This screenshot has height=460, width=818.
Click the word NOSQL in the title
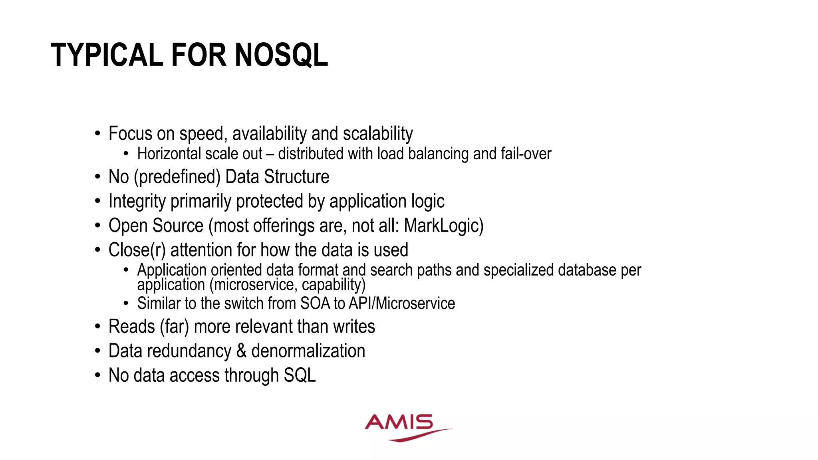[x=281, y=55]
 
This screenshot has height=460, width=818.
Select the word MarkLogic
[x=443, y=226]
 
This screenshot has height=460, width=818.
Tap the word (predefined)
[x=177, y=177]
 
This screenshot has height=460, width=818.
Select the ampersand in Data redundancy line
[x=241, y=351]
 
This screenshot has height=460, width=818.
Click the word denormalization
[x=308, y=351]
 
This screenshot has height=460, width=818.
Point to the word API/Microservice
[x=402, y=303]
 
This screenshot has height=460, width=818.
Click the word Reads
[x=132, y=327]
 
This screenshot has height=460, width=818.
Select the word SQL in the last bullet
[x=300, y=375]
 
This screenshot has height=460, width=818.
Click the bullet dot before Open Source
[x=98, y=226]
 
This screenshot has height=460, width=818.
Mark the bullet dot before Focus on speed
[x=98, y=134]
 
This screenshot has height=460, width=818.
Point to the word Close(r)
[x=137, y=250]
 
